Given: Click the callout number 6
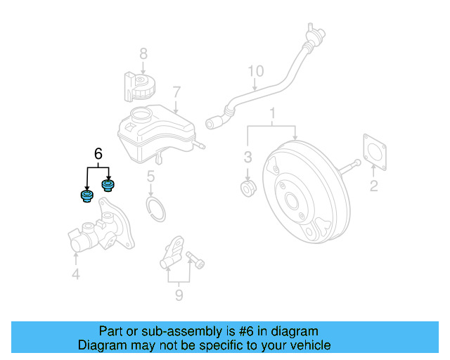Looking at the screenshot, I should [98, 153].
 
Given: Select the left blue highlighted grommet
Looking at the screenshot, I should [86, 195].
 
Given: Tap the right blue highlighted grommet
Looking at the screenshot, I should [108, 186].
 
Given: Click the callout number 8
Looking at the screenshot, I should [143, 53].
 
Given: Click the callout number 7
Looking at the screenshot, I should [176, 92].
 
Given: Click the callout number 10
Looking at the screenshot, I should [256, 71].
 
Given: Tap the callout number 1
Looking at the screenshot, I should [273, 113].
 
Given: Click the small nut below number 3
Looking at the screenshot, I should [248, 188].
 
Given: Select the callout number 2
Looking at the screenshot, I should [373, 186].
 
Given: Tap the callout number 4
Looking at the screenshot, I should [76, 275].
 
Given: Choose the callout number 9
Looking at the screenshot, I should [179, 295].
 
